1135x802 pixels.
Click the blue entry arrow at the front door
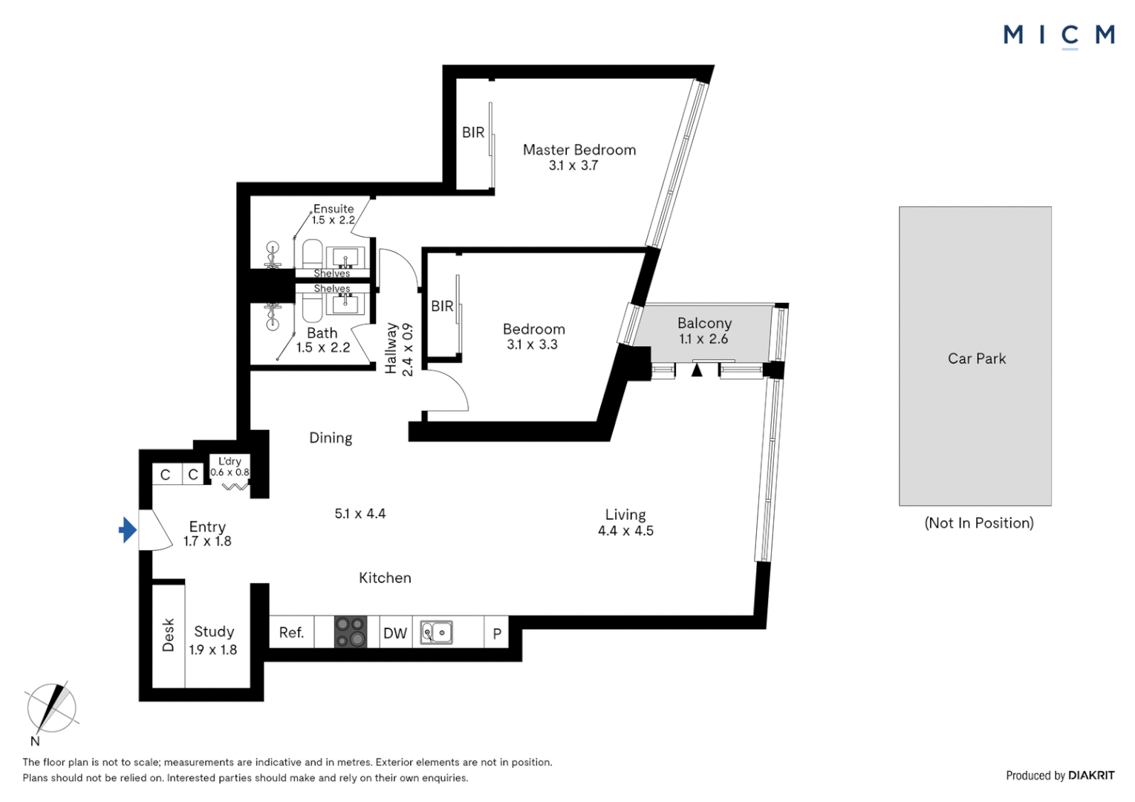(x=128, y=530)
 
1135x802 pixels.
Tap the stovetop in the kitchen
(x=351, y=632)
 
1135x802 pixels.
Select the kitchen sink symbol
(x=437, y=633)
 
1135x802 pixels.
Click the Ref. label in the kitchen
(x=291, y=633)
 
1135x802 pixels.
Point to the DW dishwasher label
(x=395, y=633)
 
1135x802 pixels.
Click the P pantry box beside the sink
(x=497, y=633)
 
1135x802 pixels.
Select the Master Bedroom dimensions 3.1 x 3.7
(x=573, y=166)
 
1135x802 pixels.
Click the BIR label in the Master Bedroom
(x=473, y=132)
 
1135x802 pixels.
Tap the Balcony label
(x=704, y=323)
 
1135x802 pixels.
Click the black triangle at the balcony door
(x=697, y=369)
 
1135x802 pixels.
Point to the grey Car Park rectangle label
(x=976, y=359)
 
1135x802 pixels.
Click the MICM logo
(x=1058, y=35)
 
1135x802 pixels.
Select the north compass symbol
(x=51, y=708)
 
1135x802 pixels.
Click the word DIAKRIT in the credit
(x=1091, y=775)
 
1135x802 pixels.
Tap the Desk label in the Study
(x=169, y=635)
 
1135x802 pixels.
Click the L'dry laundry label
(x=230, y=461)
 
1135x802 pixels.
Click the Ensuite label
(x=334, y=209)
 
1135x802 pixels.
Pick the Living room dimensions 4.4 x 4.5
(x=625, y=531)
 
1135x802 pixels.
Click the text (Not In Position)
(x=979, y=523)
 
